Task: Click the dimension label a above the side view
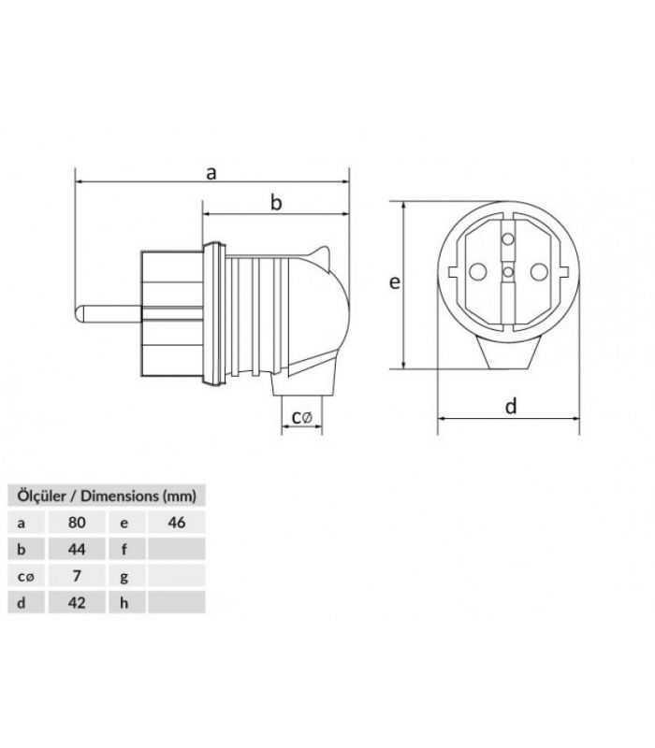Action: tap(211, 172)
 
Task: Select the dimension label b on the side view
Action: tap(276, 202)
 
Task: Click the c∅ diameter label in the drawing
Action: tap(301, 417)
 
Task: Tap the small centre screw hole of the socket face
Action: tap(507, 272)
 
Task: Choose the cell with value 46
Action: tap(176, 523)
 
